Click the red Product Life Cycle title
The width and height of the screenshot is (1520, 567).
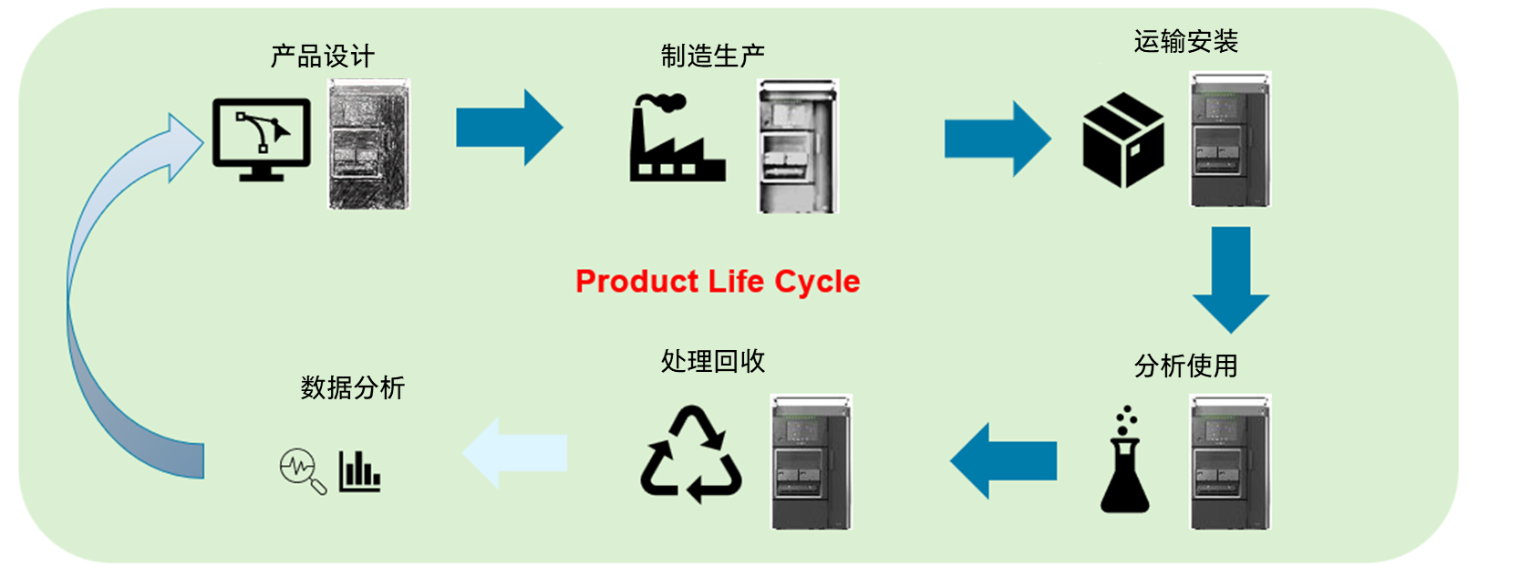(718, 282)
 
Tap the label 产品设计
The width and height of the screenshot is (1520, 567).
(323, 57)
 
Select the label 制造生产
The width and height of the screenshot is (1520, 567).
(713, 57)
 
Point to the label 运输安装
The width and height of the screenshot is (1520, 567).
(1185, 42)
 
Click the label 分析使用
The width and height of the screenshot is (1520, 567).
(1185, 366)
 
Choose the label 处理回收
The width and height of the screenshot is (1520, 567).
(713, 362)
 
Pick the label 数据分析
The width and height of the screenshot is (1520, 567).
(353, 388)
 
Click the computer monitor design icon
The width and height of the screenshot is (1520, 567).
(262, 139)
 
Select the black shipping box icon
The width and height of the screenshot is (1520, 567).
(1123, 140)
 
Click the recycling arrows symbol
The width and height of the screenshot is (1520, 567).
(691, 455)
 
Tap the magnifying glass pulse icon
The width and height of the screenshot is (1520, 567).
(302, 470)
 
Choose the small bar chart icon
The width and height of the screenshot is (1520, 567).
(360, 470)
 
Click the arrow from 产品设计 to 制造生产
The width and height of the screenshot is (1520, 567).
(509, 128)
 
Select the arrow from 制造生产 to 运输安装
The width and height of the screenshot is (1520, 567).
(998, 139)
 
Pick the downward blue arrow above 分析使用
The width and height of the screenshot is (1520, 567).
(1231, 279)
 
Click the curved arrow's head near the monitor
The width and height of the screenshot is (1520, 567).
(182, 146)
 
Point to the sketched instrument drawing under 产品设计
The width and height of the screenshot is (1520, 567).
(369, 144)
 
